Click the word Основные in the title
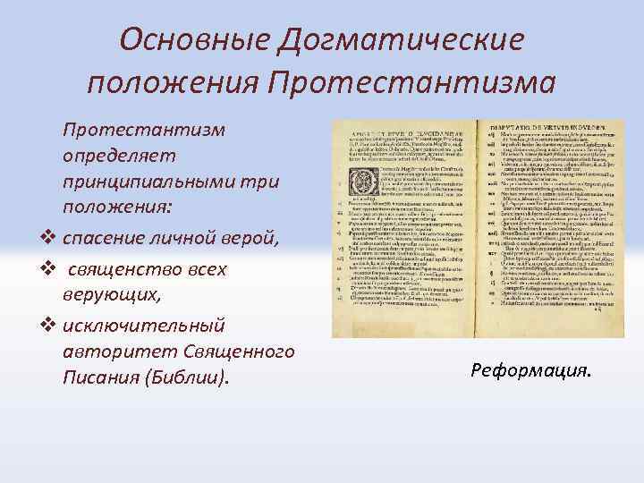click(x=183, y=39)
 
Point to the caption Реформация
click(x=531, y=370)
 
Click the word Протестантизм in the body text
click(x=143, y=129)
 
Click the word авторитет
click(x=117, y=350)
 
